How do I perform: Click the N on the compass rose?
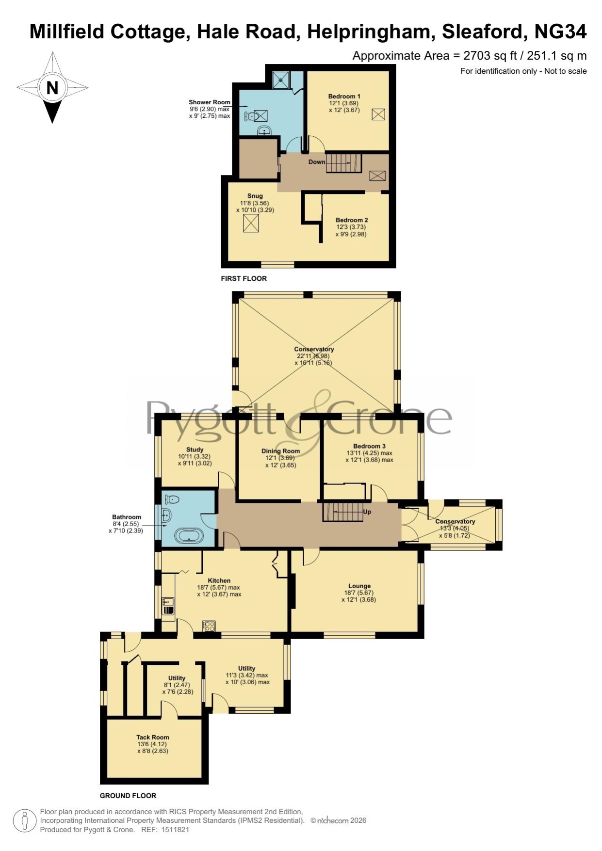52,88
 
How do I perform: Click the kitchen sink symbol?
168,607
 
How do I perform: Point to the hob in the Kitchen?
209,626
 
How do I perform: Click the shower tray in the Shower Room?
280,80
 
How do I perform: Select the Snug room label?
255,196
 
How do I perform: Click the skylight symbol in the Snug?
251,224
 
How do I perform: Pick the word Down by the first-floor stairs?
317,162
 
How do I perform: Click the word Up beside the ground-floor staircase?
367,512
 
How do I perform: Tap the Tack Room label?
153,737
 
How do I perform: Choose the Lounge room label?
359,586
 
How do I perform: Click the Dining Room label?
280,451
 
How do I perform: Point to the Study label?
195,450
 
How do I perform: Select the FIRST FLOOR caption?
244,279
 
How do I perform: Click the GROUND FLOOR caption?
128,796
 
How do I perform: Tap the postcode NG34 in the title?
560,32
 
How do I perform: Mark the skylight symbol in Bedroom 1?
378,114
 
